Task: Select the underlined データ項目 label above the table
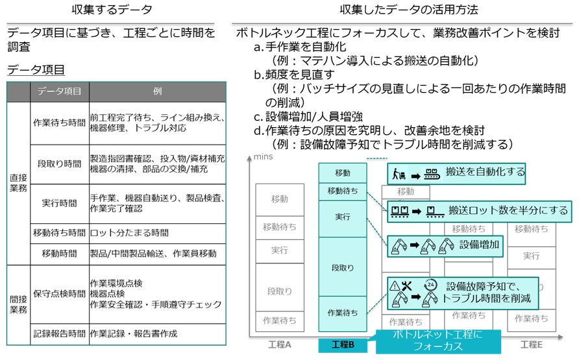[x=36, y=70]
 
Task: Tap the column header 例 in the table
[x=157, y=91]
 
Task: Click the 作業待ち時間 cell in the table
[x=59, y=123]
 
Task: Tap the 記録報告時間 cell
[x=59, y=334]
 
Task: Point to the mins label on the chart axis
[x=262, y=157]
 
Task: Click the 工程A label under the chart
[x=279, y=344]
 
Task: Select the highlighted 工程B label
[x=343, y=345]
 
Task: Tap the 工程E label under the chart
[x=530, y=344]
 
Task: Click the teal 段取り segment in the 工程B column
[x=343, y=267]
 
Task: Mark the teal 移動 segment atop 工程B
[x=343, y=173]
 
